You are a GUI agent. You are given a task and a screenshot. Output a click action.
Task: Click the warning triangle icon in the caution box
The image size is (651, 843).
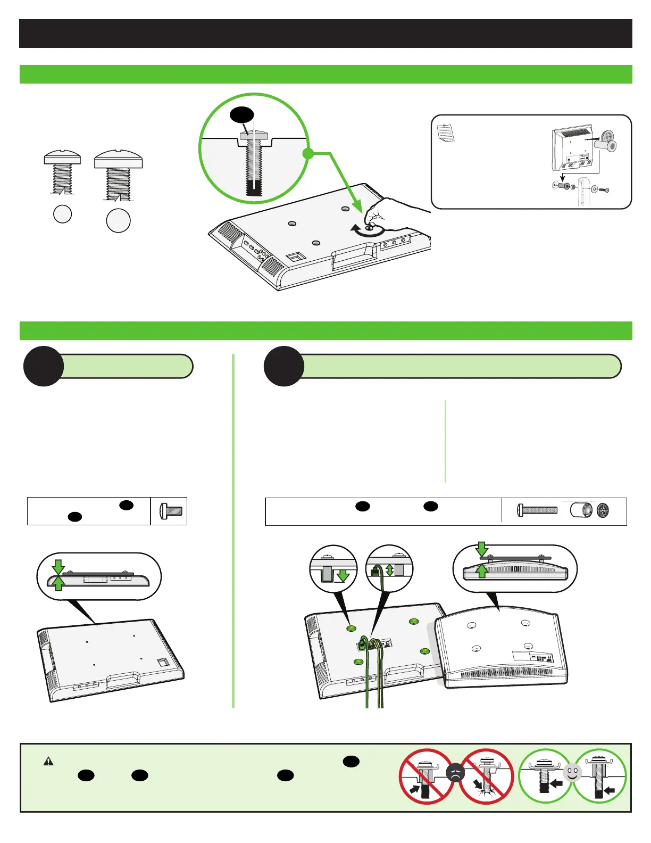click(48, 762)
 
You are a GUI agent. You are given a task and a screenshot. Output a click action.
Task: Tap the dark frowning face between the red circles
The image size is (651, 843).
click(456, 773)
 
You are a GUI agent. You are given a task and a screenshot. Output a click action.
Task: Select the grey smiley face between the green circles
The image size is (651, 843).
click(572, 773)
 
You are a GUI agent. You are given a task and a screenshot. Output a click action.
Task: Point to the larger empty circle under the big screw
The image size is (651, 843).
click(118, 221)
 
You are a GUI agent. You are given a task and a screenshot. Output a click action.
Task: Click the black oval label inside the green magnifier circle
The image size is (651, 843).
click(242, 115)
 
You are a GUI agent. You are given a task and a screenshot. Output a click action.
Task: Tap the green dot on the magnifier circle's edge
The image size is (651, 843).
click(307, 154)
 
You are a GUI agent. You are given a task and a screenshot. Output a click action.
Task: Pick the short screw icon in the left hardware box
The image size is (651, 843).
click(171, 511)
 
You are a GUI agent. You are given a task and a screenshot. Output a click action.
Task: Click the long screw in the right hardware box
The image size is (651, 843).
click(537, 510)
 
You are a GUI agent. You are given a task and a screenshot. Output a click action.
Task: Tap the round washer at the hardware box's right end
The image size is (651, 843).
click(603, 511)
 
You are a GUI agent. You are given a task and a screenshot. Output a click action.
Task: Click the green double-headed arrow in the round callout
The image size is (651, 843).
click(390, 570)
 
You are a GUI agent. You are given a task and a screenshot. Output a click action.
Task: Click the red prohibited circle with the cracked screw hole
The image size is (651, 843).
click(486, 776)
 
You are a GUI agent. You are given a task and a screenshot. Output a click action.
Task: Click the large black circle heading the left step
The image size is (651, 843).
click(44, 366)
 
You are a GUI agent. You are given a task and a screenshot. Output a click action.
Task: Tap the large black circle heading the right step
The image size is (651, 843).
click(284, 366)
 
